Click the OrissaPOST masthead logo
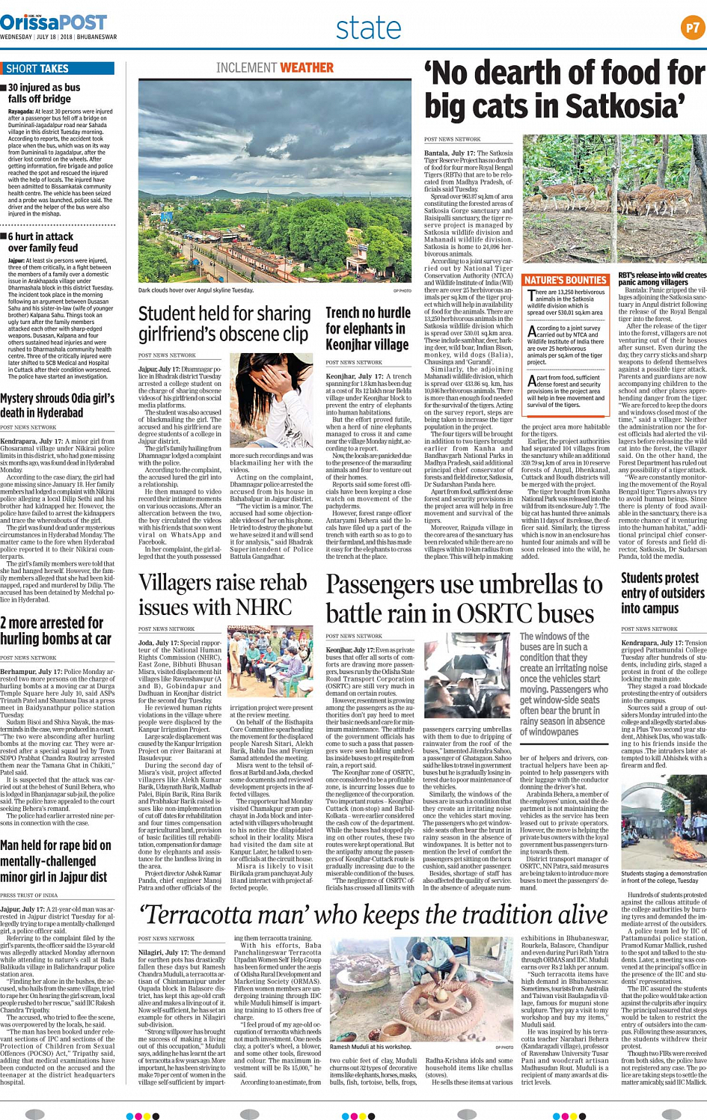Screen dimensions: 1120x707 pyautogui.click(x=54, y=22)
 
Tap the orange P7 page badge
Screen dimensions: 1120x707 pyautogui.click(x=692, y=28)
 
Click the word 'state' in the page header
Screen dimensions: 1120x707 pyautogui.click(x=368, y=28)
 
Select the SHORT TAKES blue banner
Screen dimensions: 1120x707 pyautogui.click(x=58, y=68)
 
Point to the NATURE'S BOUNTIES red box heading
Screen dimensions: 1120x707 pyautogui.click(x=565, y=280)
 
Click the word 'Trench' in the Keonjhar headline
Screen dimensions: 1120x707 pyautogui.click(x=343, y=313)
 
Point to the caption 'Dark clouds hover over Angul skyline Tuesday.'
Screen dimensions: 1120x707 pyautogui.click(x=196, y=290)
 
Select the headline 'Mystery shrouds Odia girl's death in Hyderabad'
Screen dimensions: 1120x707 pyautogui.click(x=57, y=406)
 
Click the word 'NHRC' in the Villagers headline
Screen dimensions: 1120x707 pyautogui.click(x=262, y=607)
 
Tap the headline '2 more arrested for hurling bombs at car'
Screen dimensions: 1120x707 pyautogui.click(x=55, y=631)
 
